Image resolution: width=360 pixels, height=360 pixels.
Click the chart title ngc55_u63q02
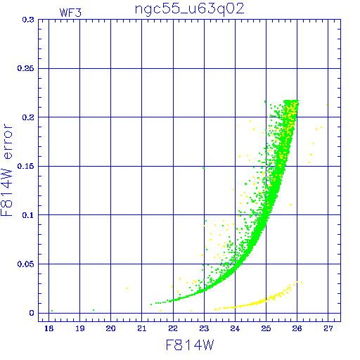tap(190, 10)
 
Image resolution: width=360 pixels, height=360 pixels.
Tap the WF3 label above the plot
tap(70, 13)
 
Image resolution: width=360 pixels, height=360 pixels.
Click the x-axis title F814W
tap(190, 345)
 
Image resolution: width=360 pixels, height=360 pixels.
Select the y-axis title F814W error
tap(7, 170)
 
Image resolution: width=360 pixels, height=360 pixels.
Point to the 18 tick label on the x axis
tap(49, 328)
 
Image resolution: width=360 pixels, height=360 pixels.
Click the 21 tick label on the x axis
tap(142, 328)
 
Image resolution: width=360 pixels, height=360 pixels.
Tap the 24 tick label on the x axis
tap(235, 328)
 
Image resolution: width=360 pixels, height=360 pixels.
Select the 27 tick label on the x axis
tap(328, 328)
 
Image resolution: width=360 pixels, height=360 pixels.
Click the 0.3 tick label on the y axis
tap(28, 20)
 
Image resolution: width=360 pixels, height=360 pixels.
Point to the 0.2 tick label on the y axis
tap(28, 117)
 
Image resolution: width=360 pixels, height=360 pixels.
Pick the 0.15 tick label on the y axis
tap(25, 166)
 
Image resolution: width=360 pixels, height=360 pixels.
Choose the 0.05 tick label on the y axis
tap(25, 264)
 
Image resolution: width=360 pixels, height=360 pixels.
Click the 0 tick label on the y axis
tap(32, 313)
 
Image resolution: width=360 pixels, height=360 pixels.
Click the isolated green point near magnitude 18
tap(52, 311)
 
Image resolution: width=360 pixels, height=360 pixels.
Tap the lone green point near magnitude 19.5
tap(94, 310)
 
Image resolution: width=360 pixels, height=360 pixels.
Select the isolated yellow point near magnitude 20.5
tap(127, 288)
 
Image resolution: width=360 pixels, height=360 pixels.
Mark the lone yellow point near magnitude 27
tap(327, 105)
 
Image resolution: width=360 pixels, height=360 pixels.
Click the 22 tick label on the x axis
tap(173, 328)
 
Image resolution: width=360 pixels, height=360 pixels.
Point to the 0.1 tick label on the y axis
tap(28, 215)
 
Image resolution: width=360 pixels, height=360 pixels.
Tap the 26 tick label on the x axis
tap(297, 328)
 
